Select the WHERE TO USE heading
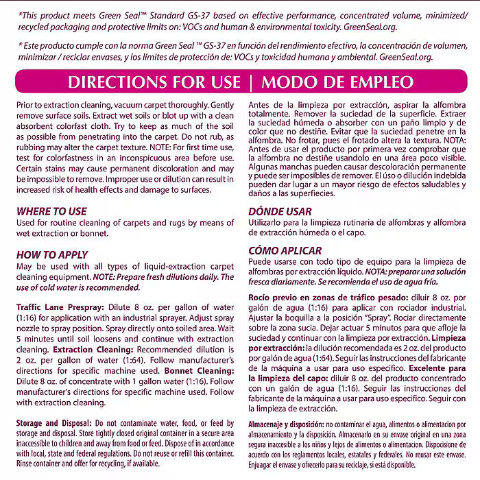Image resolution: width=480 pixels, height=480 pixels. point(51,212)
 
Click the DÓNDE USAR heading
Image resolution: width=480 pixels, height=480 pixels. point(280,212)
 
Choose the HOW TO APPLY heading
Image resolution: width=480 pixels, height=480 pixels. point(53,254)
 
